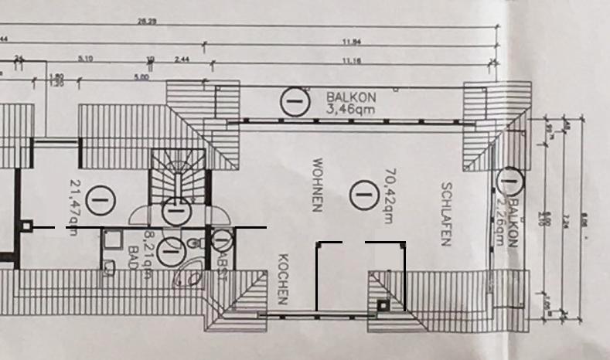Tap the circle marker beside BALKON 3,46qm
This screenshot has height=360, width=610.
tap(292, 102)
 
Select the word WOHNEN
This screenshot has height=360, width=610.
tap(317, 185)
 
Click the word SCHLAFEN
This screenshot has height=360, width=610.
tap(445, 214)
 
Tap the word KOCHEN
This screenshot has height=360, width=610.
tap(283, 279)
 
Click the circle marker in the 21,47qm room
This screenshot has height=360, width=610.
tap(98, 200)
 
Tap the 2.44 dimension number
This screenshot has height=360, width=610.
tap(182, 59)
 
